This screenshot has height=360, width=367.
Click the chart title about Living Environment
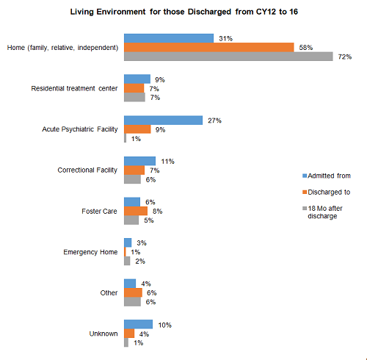pyautogui.click(x=184, y=12)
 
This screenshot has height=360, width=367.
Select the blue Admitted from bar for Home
pyautogui.click(x=169, y=38)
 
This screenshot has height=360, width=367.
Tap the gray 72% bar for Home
pyautogui.click(x=228, y=57)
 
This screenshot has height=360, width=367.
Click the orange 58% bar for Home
pyautogui.click(x=209, y=47)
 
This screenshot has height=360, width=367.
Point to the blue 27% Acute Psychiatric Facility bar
pyautogui.click(x=163, y=120)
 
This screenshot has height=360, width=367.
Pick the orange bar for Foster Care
pyautogui.click(x=136, y=211)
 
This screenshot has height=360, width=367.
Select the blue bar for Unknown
pyautogui.click(x=138, y=324)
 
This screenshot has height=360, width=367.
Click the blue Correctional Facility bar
pyautogui.click(x=139, y=161)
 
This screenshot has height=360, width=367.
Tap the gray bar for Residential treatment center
pyautogui.click(x=134, y=97)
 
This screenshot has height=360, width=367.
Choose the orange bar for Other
pyautogui.click(x=133, y=292)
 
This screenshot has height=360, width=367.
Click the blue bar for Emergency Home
pyautogui.click(x=128, y=242)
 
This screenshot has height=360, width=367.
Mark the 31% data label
pyautogui.click(x=225, y=38)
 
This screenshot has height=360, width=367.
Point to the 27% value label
pyautogui.click(x=214, y=120)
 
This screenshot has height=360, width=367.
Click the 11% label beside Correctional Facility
pyautogui.click(x=167, y=162)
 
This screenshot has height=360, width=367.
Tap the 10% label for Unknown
pyautogui.click(x=165, y=325)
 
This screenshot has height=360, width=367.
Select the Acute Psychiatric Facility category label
pyautogui.click(x=80, y=129)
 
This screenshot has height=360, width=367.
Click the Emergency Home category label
pyautogui.click(x=90, y=252)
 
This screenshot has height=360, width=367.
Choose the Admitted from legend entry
pyautogui.click(x=327, y=176)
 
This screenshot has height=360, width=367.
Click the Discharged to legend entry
pyautogui.click(x=327, y=192)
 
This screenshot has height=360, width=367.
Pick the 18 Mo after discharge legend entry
pyautogui.click(x=322, y=212)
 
